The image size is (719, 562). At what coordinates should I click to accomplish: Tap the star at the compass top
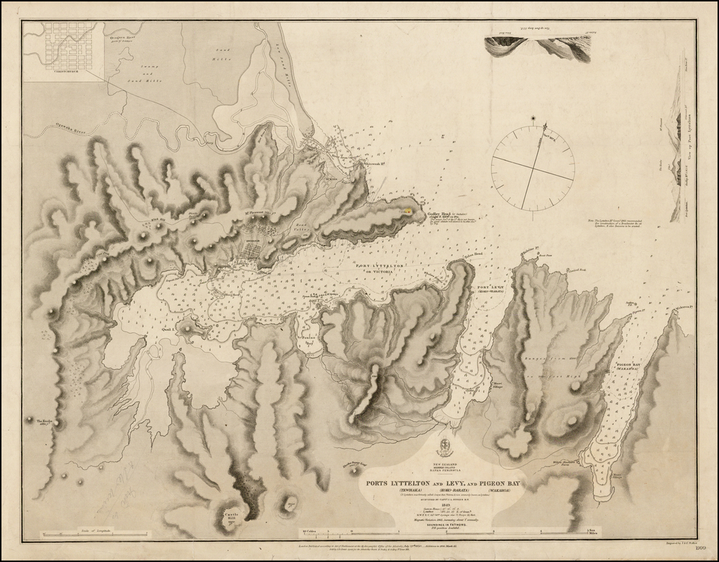click(x=533, y=118)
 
